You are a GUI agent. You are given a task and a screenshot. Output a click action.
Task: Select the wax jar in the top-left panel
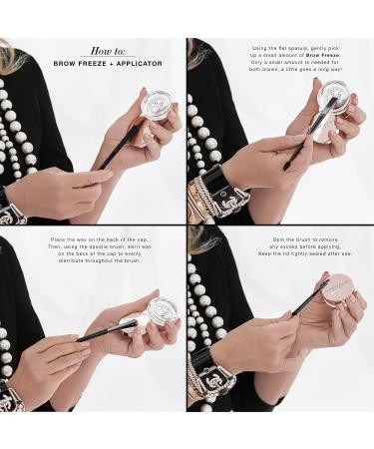click(155, 108)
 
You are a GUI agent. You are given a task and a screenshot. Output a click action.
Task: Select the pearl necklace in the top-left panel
click(30, 120)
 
